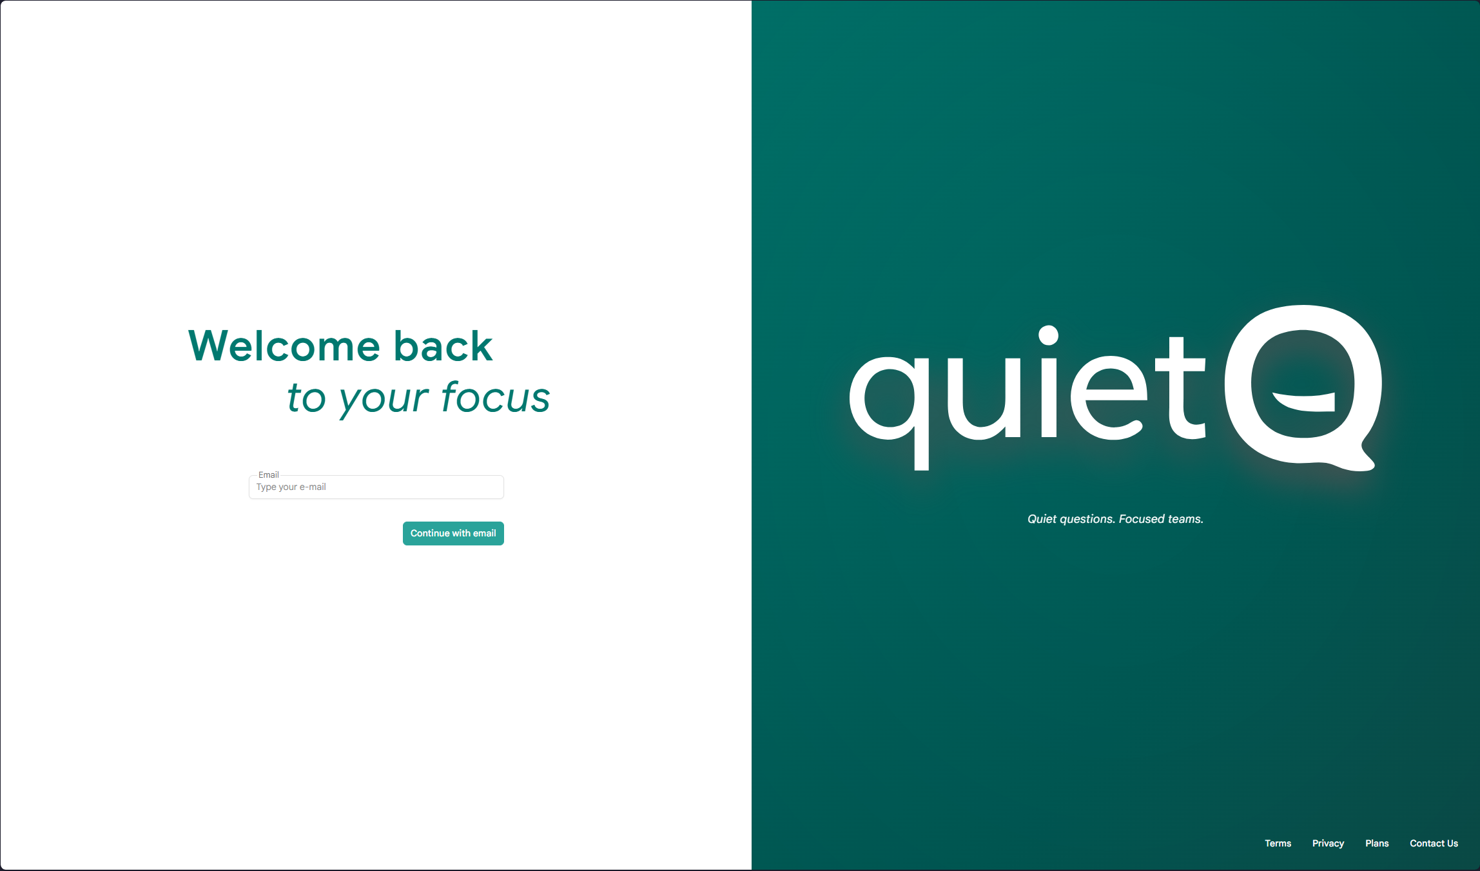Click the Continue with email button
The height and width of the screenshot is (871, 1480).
coord(453,533)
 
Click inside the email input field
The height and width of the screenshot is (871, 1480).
coord(376,487)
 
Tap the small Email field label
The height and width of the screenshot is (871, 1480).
coord(268,475)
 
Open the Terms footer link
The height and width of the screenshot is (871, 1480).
coord(1278,843)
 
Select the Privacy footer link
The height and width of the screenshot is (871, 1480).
coord(1328,843)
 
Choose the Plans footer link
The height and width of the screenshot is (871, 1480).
coord(1377,843)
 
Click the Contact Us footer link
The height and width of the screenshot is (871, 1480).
coord(1434,843)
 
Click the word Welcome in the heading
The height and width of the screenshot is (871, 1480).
coord(284,346)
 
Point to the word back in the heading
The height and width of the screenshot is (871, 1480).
coord(443,346)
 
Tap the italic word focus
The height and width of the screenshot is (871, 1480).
coord(495,397)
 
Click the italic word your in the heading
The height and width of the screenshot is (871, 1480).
coord(384,398)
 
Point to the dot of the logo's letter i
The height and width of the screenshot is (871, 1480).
coord(1049,335)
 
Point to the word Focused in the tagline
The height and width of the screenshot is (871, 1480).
coord(1142,519)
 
